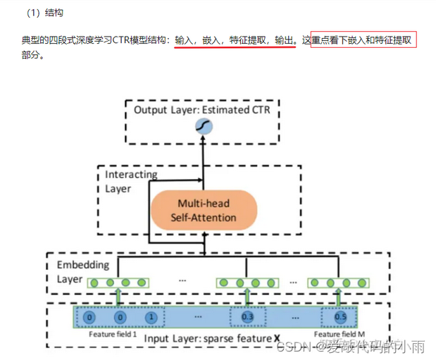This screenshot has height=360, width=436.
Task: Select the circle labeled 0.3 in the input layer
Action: [x=247, y=318]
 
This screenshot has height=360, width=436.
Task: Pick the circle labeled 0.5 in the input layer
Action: [x=340, y=318]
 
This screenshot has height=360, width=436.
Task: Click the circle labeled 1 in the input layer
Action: [x=150, y=318]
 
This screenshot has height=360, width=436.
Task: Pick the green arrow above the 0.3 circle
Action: [x=247, y=296]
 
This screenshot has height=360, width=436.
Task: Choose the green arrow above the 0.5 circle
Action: [x=341, y=296]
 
